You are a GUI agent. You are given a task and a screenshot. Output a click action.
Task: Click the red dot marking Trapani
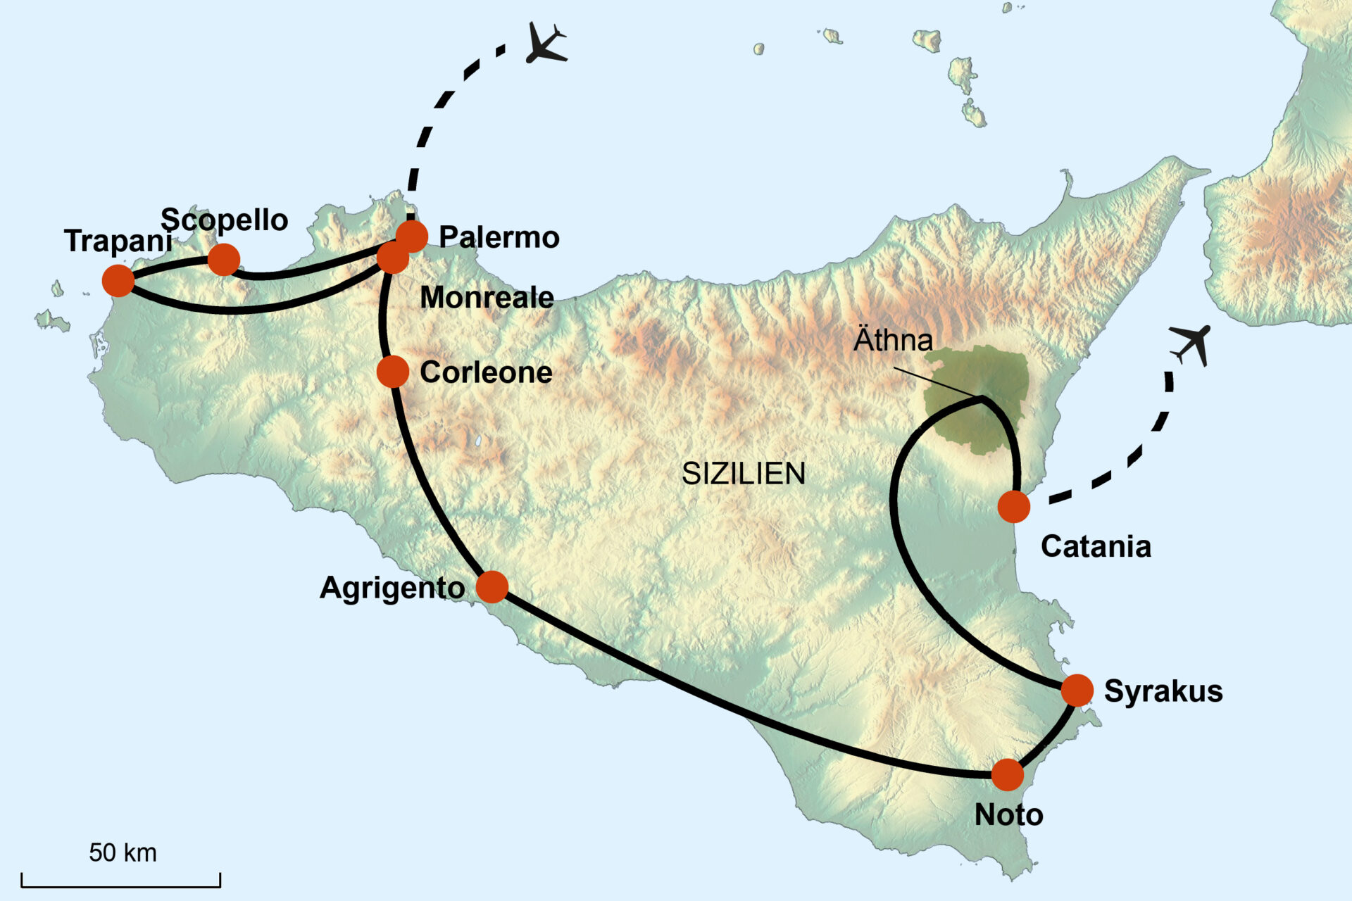118,281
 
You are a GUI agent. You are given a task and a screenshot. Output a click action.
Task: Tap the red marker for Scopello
224,260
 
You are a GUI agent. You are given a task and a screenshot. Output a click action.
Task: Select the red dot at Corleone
393,372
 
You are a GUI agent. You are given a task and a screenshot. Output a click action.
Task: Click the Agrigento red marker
492,586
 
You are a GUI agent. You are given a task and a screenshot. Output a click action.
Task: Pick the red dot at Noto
1008,775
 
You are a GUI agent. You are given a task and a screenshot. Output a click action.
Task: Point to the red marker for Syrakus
1077,690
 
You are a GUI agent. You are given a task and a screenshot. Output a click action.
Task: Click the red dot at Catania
1014,507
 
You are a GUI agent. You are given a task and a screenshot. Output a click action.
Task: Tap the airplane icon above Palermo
546,44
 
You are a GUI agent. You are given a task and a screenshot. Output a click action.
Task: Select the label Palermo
499,237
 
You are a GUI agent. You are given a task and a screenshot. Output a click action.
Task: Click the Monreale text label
487,298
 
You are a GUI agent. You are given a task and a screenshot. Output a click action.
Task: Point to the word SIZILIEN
744,474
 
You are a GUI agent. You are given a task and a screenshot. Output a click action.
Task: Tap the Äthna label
893,341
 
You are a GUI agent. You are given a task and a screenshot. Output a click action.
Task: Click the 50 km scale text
123,852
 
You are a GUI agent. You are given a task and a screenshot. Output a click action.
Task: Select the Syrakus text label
1163,691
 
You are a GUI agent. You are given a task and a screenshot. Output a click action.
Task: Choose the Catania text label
1096,547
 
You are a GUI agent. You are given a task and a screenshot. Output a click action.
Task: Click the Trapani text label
118,241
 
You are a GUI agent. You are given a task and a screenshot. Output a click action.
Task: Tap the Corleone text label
486,372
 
